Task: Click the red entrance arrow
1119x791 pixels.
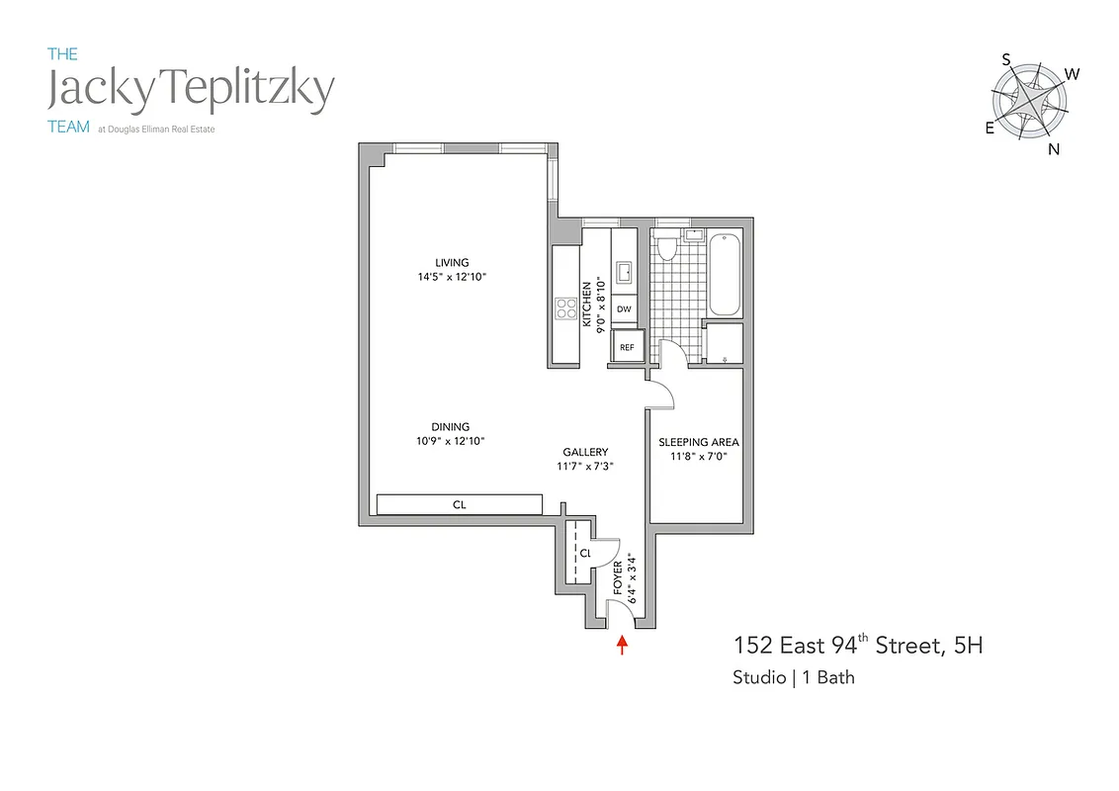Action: coord(622,646)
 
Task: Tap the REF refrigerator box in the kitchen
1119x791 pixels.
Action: coord(627,346)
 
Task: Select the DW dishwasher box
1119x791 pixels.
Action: coord(624,309)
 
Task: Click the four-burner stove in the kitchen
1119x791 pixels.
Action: coord(566,308)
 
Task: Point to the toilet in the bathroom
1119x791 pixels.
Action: coord(666,246)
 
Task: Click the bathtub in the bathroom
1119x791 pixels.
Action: coord(725,272)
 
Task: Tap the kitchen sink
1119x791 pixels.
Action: coord(624,273)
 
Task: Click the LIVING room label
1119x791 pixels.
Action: coord(452,262)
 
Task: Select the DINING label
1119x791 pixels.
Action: coord(450,427)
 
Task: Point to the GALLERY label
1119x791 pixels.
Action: coord(585,452)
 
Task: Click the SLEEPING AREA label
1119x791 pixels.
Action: coord(699,442)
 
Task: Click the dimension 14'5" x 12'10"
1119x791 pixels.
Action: coord(452,277)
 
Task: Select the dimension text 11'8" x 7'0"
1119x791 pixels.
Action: coord(699,457)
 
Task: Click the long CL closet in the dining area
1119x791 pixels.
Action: coord(460,504)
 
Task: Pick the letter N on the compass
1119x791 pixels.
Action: coord(1054,149)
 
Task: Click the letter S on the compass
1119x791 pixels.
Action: coord(1006,59)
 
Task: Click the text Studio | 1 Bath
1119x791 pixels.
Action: coord(794,678)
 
